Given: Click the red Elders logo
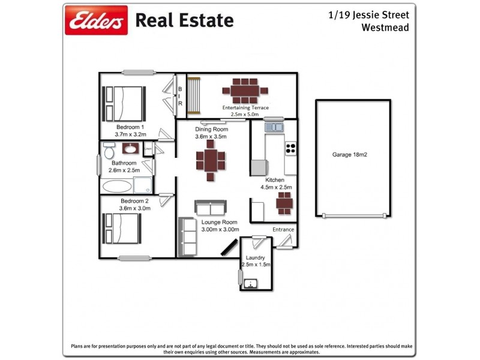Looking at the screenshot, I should tap(97, 21).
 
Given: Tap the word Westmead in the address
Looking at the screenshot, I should tap(385, 27).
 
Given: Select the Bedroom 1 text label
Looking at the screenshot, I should tap(130, 127).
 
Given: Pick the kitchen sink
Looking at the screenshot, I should tap(273, 127).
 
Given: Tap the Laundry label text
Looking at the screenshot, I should tap(256, 258).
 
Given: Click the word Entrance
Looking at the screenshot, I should tap(283, 230).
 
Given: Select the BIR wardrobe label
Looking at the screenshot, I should tap(179, 96).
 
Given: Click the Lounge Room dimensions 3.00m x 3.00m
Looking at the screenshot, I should tap(220, 230).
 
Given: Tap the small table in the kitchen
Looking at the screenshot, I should tap(284, 203).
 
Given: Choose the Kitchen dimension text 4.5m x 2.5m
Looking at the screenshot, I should tap(275, 187).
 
